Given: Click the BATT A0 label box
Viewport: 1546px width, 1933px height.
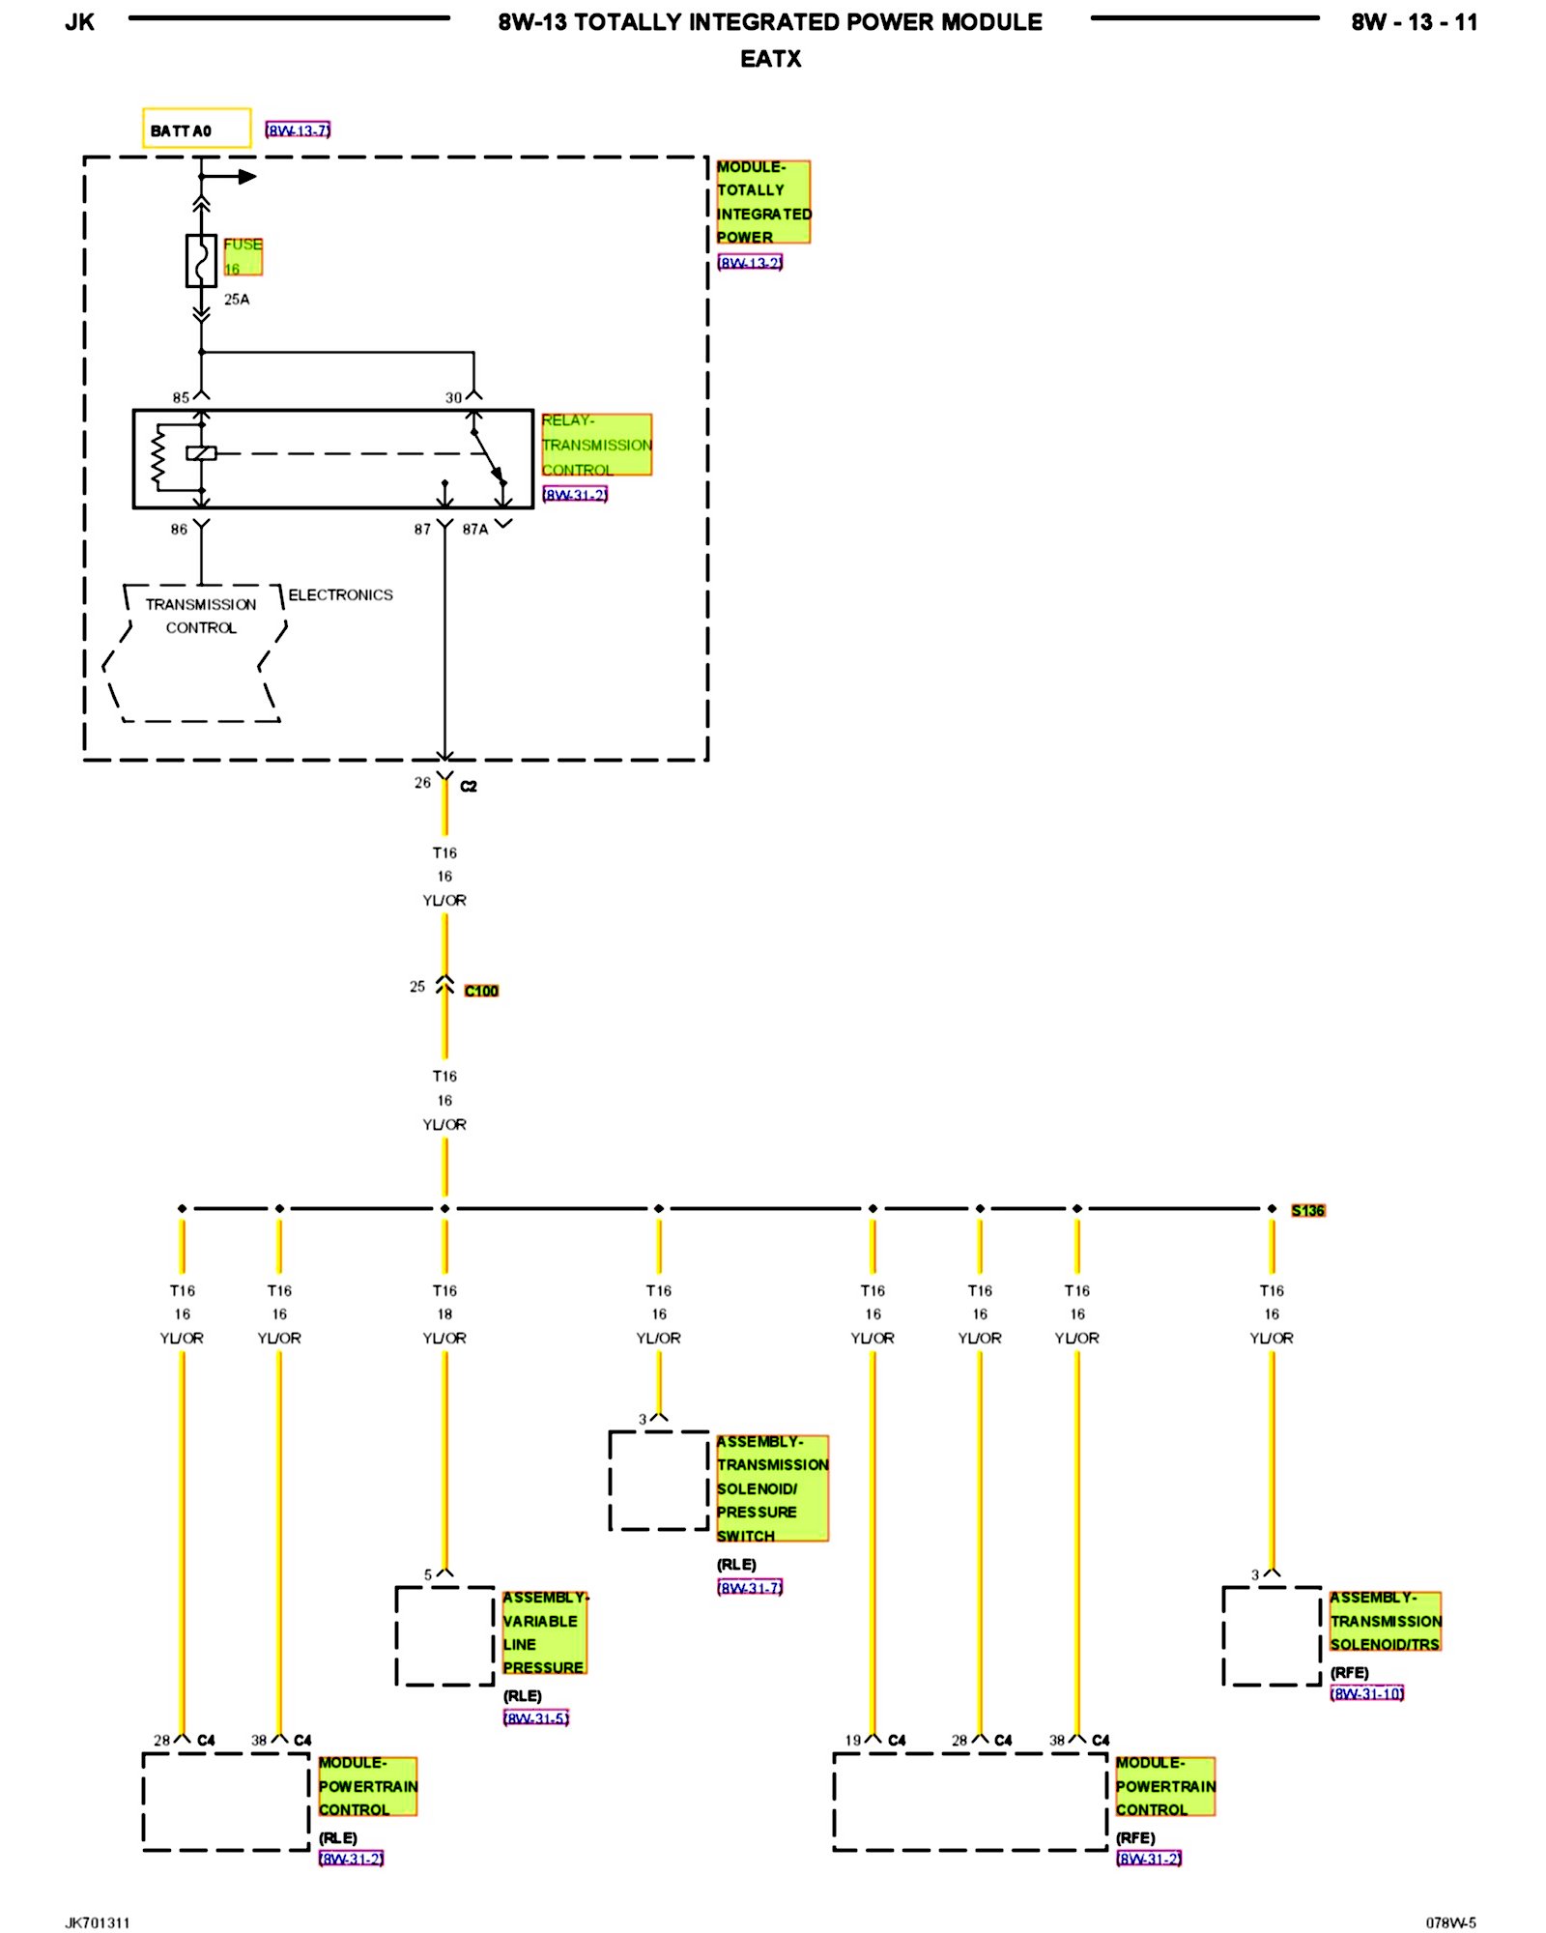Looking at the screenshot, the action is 196,129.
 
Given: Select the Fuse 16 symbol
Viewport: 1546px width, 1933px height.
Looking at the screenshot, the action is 201,260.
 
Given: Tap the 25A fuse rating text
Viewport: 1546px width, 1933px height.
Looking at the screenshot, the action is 237,300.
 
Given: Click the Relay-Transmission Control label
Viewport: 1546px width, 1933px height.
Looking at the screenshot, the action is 596,445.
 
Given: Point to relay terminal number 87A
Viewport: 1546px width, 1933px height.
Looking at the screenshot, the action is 475,530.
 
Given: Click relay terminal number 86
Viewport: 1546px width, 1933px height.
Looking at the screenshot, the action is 179,530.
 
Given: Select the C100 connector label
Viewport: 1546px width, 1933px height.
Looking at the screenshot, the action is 481,991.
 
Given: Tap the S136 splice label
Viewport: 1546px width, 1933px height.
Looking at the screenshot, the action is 1308,1210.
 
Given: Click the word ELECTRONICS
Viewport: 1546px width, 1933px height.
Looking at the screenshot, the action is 340,594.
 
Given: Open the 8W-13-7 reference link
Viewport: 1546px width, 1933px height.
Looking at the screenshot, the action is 299,130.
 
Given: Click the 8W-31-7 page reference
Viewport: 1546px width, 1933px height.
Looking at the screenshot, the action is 750,1587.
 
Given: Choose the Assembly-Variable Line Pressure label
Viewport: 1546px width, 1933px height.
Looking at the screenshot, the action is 544,1632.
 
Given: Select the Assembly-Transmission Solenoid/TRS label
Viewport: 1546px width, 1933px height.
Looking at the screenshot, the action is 1385,1621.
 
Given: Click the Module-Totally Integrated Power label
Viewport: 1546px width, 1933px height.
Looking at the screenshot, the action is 763,202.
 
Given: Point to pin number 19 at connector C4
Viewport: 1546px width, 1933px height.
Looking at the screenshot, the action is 852,1740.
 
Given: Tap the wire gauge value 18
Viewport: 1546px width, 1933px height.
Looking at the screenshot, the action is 444,1314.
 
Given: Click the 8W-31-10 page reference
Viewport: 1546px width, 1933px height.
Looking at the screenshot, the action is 1366,1693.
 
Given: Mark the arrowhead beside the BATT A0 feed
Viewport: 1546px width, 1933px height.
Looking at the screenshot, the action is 247,177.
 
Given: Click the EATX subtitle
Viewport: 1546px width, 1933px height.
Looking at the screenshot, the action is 771,59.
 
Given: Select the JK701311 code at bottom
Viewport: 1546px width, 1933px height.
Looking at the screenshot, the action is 98,1922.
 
